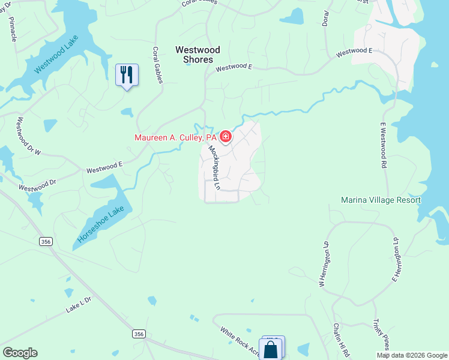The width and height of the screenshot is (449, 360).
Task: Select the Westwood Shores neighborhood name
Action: (x=197, y=55)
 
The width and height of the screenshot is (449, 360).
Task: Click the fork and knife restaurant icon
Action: (x=127, y=74)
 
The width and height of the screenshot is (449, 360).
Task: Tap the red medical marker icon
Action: (x=226, y=137)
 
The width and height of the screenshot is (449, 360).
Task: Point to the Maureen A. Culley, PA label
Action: (x=175, y=138)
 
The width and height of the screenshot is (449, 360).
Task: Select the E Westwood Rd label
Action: (x=382, y=146)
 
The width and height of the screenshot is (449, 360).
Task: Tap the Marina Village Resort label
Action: (x=381, y=200)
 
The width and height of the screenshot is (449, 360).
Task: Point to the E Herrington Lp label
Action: (x=396, y=259)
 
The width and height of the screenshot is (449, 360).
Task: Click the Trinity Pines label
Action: (x=381, y=334)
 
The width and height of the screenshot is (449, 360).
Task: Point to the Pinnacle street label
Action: (x=13, y=28)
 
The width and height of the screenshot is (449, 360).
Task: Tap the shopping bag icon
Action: (x=271, y=349)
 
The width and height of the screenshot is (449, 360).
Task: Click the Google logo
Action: (x=20, y=353)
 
